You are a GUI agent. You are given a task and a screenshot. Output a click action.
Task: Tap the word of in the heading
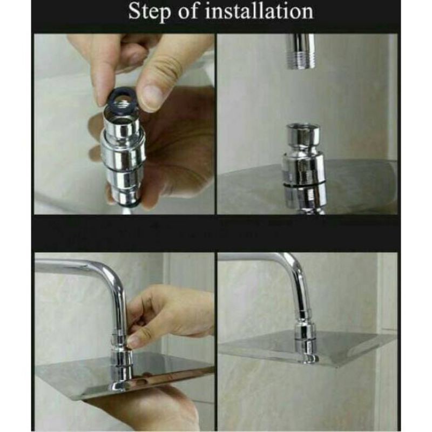[187, 11]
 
